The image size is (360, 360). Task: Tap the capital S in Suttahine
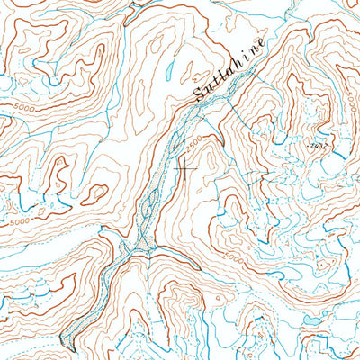coord(200,94)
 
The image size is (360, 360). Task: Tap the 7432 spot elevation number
coord(314,143)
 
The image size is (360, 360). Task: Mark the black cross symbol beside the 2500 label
coord(186,166)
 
